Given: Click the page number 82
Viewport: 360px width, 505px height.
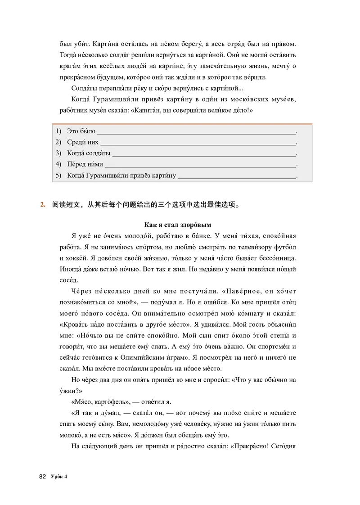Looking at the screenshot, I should [x=43, y=477].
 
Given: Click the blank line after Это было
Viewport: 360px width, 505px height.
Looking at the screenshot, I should [x=197, y=131].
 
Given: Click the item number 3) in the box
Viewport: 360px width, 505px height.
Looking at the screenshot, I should [x=58, y=153].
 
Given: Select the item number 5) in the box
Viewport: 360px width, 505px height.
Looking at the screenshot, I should [x=58, y=176].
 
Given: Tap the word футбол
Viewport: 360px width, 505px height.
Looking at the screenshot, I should [x=286, y=248].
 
